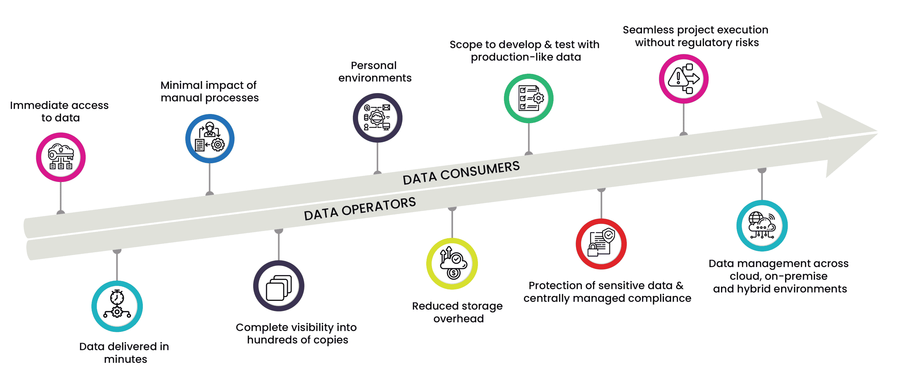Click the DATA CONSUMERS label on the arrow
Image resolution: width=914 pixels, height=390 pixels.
pos(461,173)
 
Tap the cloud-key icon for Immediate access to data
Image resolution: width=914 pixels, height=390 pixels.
pos(61,157)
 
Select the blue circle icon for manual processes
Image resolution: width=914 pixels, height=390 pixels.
pos(210,138)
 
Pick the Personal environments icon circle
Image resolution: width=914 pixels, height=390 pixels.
pos(377,118)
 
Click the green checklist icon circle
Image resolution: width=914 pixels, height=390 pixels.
pos(528,98)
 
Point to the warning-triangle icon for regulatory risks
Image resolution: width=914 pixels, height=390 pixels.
pos(683,79)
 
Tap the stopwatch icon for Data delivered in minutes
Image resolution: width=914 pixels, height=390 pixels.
pos(117,306)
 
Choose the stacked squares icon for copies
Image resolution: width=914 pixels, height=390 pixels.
pos(279,286)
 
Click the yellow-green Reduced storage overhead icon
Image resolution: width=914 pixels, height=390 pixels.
pos(452,264)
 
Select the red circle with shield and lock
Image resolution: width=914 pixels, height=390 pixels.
pos(601,244)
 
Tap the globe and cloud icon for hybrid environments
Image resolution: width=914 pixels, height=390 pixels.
pos(762,225)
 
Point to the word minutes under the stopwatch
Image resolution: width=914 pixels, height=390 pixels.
pos(125,359)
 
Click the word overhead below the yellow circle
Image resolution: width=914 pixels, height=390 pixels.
pos(458,319)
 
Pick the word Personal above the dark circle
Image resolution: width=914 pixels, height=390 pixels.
pos(374,65)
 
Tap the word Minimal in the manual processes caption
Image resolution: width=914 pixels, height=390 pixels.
pos(182,85)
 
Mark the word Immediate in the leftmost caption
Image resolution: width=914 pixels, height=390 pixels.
pos(34,105)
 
